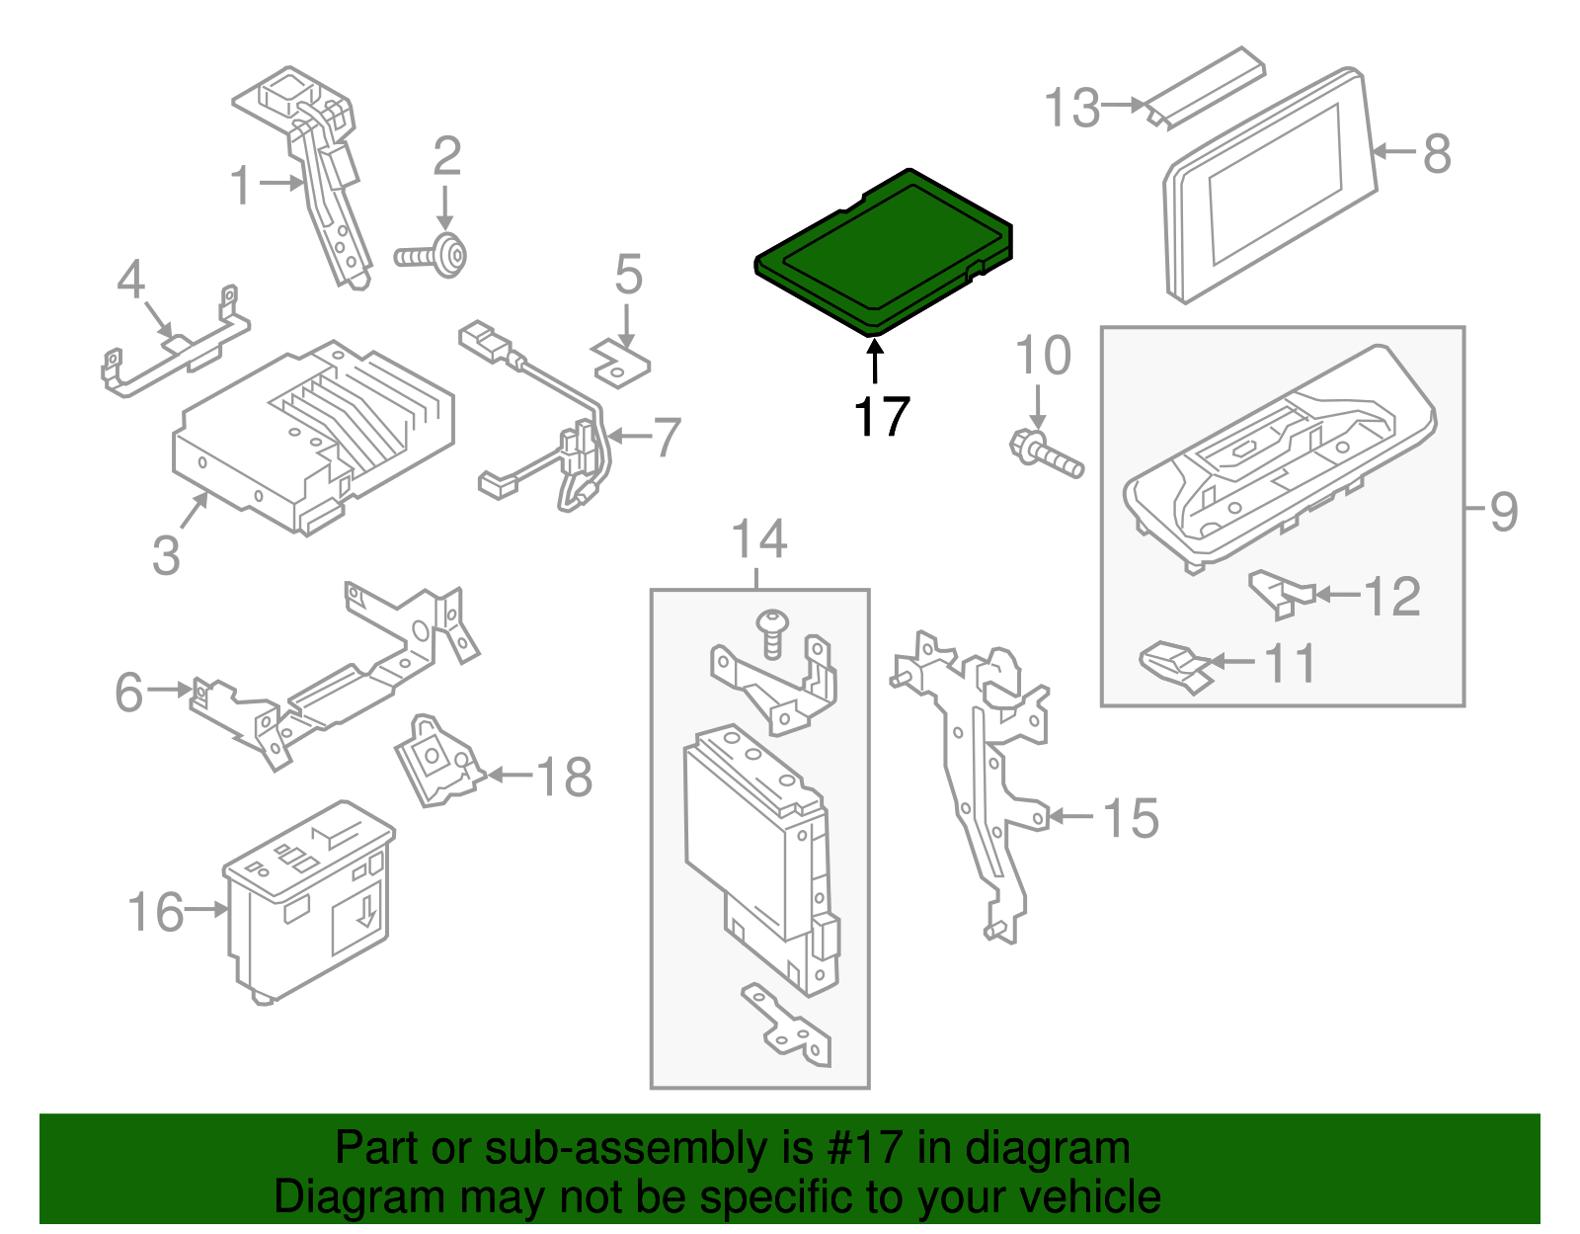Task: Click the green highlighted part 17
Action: coord(882,252)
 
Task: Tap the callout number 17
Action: coord(881,417)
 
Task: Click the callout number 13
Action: coord(1072,108)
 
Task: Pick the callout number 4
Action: coord(130,280)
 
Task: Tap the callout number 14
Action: coord(758,539)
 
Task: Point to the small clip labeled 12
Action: coord(1280,593)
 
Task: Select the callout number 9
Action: coord(1503,511)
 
